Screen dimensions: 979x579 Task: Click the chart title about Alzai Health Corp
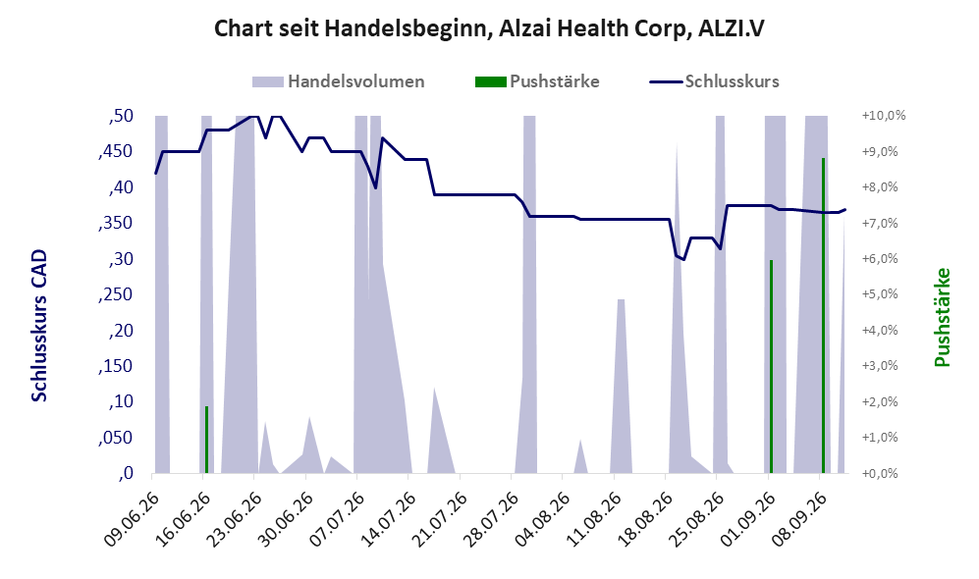point(489,28)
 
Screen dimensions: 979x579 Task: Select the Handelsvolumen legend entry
point(339,81)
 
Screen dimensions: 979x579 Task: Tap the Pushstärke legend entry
point(537,81)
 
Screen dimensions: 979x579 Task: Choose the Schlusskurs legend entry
point(714,81)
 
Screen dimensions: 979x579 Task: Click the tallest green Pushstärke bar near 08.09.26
point(823,315)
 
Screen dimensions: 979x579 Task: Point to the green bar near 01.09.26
point(771,366)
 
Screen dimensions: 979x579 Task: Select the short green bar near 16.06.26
point(206,440)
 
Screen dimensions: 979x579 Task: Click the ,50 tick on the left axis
point(121,116)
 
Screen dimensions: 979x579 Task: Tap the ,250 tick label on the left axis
point(116,294)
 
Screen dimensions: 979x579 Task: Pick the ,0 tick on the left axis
point(126,473)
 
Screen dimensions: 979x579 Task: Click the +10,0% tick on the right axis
point(884,116)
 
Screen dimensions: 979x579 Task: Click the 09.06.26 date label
point(132,519)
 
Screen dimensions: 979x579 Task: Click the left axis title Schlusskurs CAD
point(38,325)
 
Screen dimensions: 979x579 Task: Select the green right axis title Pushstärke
point(942,317)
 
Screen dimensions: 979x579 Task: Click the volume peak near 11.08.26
point(622,300)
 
